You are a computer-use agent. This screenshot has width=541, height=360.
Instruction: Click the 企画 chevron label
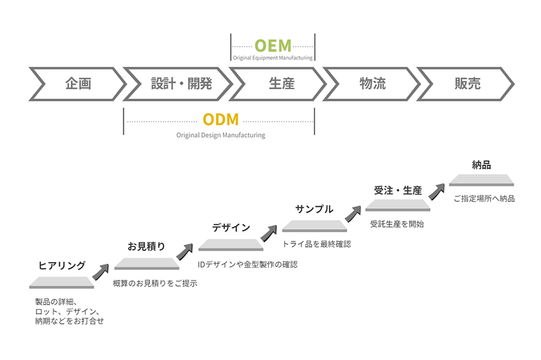pyautogui.click(x=78, y=83)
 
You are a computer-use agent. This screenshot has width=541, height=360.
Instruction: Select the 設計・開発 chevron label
pyautogui.click(x=181, y=83)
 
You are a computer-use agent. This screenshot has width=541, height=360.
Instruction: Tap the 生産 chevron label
pyautogui.click(x=281, y=83)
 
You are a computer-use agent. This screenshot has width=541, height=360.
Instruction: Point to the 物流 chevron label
pyautogui.click(x=372, y=83)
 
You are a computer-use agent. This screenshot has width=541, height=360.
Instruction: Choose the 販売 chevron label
pyautogui.click(x=468, y=83)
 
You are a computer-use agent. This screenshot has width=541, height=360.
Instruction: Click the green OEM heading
pyautogui.click(x=273, y=45)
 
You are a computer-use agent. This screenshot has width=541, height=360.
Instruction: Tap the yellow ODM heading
pyautogui.click(x=221, y=120)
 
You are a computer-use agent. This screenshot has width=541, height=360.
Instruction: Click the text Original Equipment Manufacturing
pyautogui.click(x=273, y=58)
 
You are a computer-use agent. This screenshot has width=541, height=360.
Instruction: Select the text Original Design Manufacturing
pyautogui.click(x=221, y=135)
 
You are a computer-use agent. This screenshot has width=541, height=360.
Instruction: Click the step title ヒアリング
pyautogui.click(x=62, y=266)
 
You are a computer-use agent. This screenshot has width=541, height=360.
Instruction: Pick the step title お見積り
pyautogui.click(x=146, y=246)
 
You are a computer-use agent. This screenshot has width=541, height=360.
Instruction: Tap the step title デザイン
pyautogui.click(x=231, y=228)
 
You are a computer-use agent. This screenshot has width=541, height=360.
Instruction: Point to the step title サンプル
pyautogui.click(x=314, y=209)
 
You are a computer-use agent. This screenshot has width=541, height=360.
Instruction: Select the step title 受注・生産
pyautogui.click(x=398, y=191)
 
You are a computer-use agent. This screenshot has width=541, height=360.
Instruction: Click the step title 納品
pyautogui.click(x=481, y=165)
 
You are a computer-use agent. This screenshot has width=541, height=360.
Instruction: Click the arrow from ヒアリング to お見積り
pyautogui.click(x=101, y=271)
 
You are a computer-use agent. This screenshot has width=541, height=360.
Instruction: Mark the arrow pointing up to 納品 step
pyautogui.click(x=436, y=192)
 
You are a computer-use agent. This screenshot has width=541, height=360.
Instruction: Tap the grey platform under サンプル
pyautogui.click(x=315, y=227)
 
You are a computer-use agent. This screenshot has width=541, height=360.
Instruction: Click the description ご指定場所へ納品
pyautogui.click(x=484, y=199)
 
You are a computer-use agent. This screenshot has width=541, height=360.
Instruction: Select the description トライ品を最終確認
pyautogui.click(x=316, y=244)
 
